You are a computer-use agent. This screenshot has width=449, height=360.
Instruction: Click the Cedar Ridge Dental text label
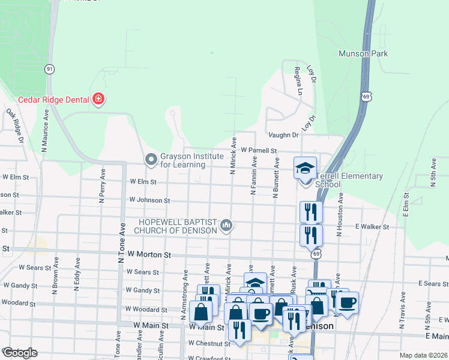click(53, 100)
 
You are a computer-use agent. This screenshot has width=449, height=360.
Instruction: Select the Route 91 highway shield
click(49, 70)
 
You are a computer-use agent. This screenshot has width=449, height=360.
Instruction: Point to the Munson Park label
click(363, 53)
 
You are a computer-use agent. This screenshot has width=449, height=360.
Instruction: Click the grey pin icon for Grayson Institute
click(151, 160)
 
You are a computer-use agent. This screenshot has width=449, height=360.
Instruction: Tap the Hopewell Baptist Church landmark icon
click(226, 225)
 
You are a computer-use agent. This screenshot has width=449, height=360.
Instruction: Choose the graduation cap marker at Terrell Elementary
click(305, 168)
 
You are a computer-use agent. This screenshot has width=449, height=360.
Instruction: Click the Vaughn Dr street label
click(283, 136)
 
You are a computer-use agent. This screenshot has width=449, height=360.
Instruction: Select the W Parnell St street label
click(258, 151)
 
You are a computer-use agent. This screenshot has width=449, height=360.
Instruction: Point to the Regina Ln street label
click(297, 81)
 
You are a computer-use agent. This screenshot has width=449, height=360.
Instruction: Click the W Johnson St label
click(149, 200)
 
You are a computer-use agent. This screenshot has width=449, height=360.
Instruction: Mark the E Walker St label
click(372, 227)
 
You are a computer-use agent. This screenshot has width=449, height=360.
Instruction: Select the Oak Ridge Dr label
click(14, 125)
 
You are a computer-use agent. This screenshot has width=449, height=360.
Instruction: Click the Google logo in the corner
click(19, 353)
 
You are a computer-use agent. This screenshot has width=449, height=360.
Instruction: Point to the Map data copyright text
click(423, 355)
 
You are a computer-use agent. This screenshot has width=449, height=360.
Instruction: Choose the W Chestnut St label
click(209, 344)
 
